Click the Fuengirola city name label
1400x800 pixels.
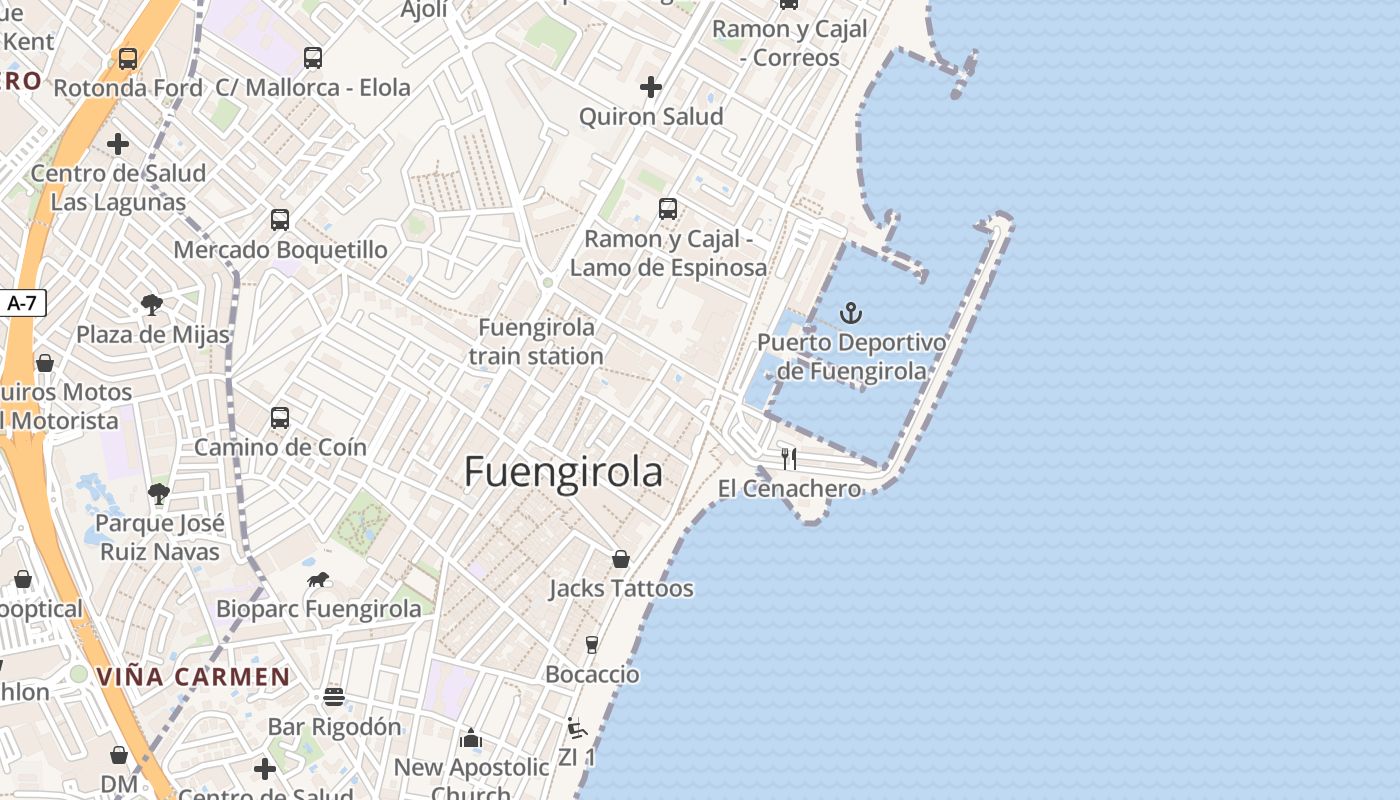click(563, 472)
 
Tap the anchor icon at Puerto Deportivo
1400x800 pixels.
click(850, 314)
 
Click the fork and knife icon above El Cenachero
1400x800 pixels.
click(789, 459)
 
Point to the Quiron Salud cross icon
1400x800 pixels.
click(651, 87)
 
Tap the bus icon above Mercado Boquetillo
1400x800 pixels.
click(280, 220)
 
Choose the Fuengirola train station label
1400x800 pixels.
click(536, 341)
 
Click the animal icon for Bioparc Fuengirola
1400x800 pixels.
click(318, 580)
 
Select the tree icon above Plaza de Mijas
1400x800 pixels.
click(152, 305)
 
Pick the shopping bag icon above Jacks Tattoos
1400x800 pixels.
click(621, 559)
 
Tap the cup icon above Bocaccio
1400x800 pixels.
click(592, 645)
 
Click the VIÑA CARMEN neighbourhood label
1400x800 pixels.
click(193, 677)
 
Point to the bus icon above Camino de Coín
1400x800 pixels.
click(280, 418)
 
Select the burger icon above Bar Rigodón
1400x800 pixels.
click(334, 697)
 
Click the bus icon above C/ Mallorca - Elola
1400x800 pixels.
click(313, 58)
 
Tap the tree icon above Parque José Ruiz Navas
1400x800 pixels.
click(159, 493)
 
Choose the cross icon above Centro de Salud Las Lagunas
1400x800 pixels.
click(118, 144)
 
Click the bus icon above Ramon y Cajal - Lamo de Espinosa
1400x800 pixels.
click(668, 209)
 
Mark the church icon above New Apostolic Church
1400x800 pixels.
click(471, 739)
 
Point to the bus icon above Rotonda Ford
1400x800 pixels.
click(128, 59)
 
